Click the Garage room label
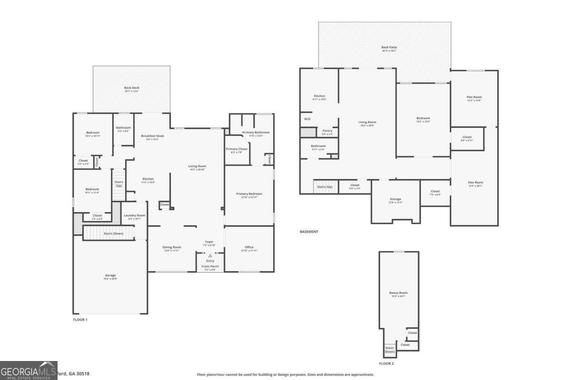pos(110,275)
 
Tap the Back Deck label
pos(132,88)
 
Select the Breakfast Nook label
pos(153,136)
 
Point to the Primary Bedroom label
pos(249,194)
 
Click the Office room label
pos(249,247)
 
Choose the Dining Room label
pos(172,247)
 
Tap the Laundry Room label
pos(134,216)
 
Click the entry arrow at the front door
pos(210,256)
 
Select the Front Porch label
pos(210,266)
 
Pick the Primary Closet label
pos(236,149)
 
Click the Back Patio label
pos(389,47)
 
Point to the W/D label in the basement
pos(307,119)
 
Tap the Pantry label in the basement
pos(327,131)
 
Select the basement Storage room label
pos(395,199)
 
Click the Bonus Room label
pos(399,293)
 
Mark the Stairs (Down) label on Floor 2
pos(389,350)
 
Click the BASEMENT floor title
pos(309,232)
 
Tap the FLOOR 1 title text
pos(80,320)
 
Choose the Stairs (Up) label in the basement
pos(325,187)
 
